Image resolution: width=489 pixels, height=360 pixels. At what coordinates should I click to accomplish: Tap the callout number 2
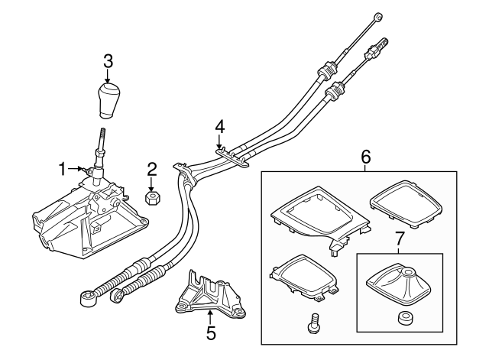152,170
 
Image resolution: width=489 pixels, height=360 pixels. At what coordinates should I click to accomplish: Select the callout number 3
108,60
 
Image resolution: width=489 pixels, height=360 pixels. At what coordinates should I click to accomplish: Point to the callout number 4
219,125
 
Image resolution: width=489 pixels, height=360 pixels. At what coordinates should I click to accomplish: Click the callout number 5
212,332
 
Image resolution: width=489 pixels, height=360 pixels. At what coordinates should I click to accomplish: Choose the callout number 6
365,157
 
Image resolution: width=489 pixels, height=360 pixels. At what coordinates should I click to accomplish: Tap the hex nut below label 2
152,198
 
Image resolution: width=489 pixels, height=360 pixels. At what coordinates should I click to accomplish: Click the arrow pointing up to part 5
212,315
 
